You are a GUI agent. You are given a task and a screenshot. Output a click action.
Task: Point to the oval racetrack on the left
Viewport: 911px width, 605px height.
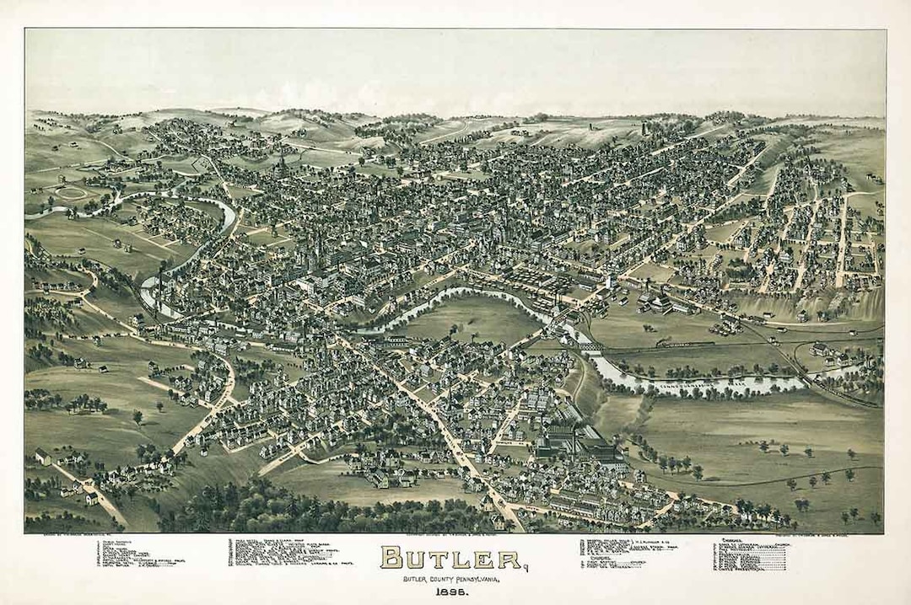point(72,193)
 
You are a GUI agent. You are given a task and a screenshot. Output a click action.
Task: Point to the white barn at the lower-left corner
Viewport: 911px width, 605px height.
point(42,457)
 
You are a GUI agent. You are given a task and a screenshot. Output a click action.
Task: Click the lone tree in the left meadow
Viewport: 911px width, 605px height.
point(137,415)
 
